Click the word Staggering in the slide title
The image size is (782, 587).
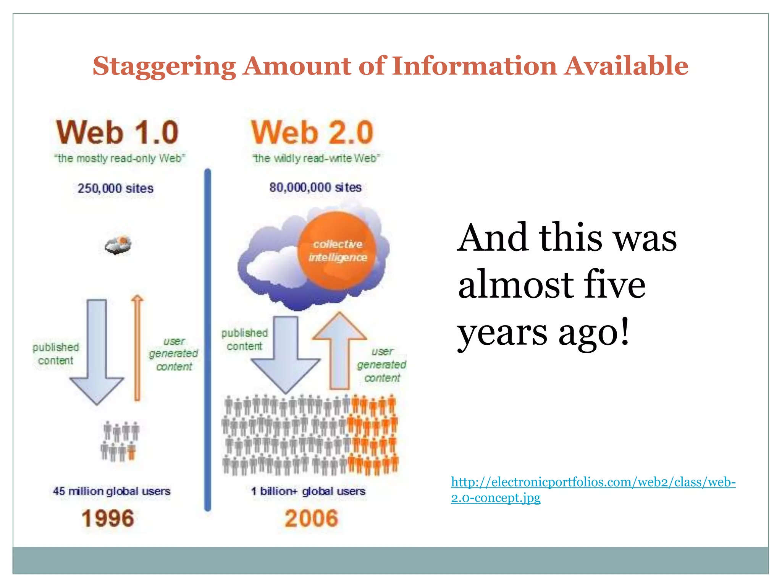[x=165, y=66]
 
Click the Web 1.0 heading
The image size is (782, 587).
[x=117, y=132]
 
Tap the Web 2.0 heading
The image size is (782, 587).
[x=312, y=132]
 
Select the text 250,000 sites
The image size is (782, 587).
[x=115, y=188]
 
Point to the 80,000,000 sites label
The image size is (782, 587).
[x=315, y=187]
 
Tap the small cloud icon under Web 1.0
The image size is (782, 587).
[x=118, y=245]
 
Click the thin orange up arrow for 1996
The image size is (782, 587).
[x=137, y=348]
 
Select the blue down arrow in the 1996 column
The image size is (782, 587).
[x=97, y=352]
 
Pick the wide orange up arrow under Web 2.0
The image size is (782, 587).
[x=339, y=352]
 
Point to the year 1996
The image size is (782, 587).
[x=108, y=519]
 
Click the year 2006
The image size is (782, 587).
[x=311, y=519]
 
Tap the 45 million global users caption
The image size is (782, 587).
[x=111, y=491]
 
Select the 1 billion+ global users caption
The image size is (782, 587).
[x=308, y=491]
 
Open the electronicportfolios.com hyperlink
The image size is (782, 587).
[x=593, y=483]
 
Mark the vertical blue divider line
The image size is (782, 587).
[x=208, y=340]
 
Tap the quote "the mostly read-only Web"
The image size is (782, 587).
[x=120, y=158]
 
